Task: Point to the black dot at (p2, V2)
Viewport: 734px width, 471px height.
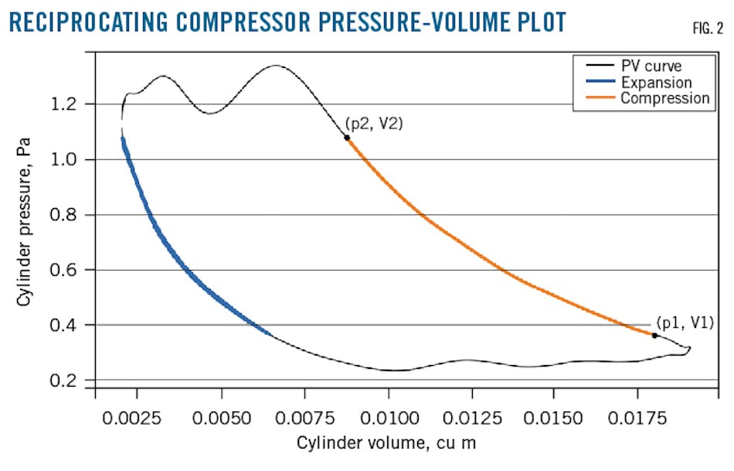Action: click(347, 138)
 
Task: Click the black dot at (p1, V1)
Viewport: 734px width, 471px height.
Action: click(654, 335)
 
